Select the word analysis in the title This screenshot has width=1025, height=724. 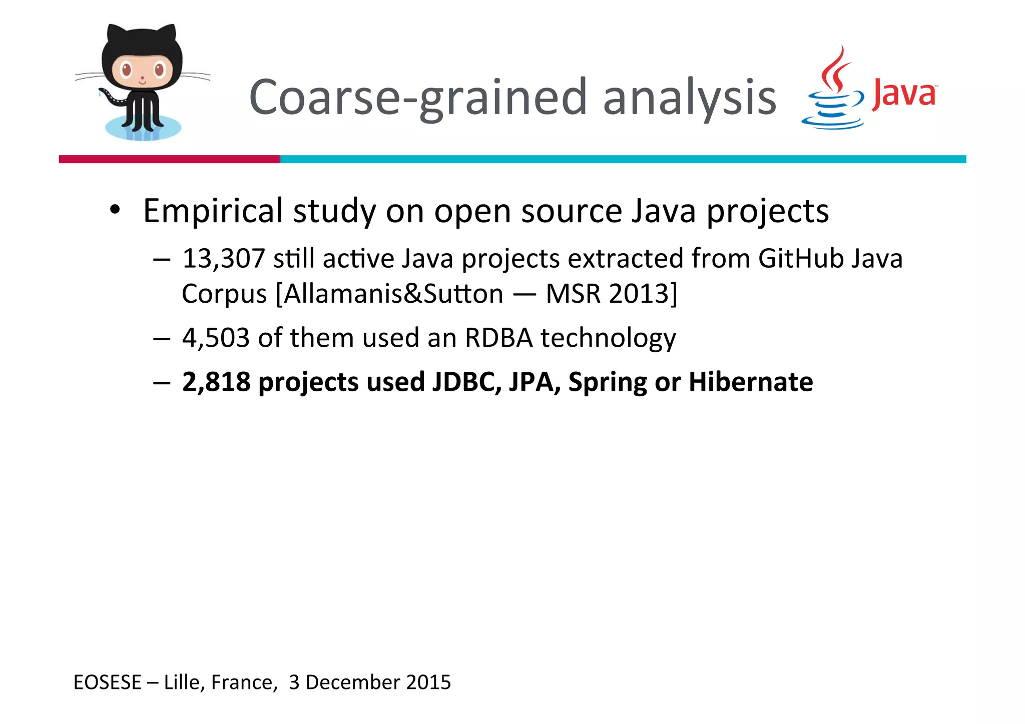[x=689, y=98]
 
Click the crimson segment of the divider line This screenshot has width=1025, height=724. [x=169, y=159]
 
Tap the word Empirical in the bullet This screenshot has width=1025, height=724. [x=213, y=211]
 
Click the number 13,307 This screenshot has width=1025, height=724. [x=223, y=259]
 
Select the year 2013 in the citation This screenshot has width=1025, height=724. [x=639, y=294]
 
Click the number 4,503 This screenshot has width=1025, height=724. [x=216, y=338]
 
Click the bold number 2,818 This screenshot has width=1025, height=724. [x=216, y=382]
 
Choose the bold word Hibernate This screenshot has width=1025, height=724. [x=751, y=382]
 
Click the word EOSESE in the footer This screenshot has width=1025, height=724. [x=108, y=682]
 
